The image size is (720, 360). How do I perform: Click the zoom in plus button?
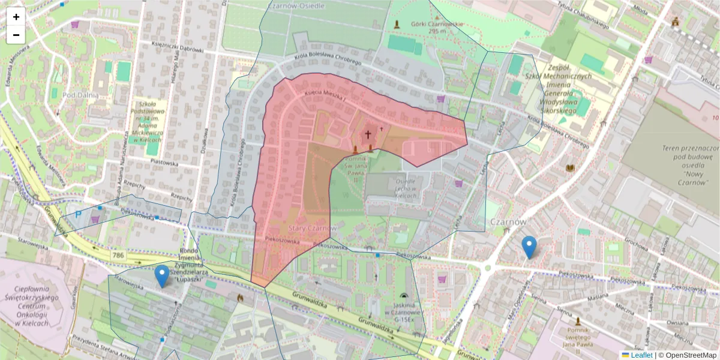pyautogui.click(x=16, y=17)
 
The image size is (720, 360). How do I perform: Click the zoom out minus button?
pyautogui.click(x=16, y=35)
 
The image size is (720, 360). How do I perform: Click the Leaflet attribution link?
pyautogui.click(x=641, y=355)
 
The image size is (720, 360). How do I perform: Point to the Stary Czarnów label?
pyautogui.click(x=312, y=229)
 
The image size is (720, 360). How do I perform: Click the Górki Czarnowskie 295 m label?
pyautogui.click(x=437, y=28)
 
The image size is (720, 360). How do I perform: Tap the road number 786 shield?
pyautogui.click(x=118, y=256)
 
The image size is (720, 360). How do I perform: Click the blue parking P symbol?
pyautogui.click(x=78, y=214)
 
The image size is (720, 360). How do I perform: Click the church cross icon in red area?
pyautogui.click(x=368, y=134)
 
